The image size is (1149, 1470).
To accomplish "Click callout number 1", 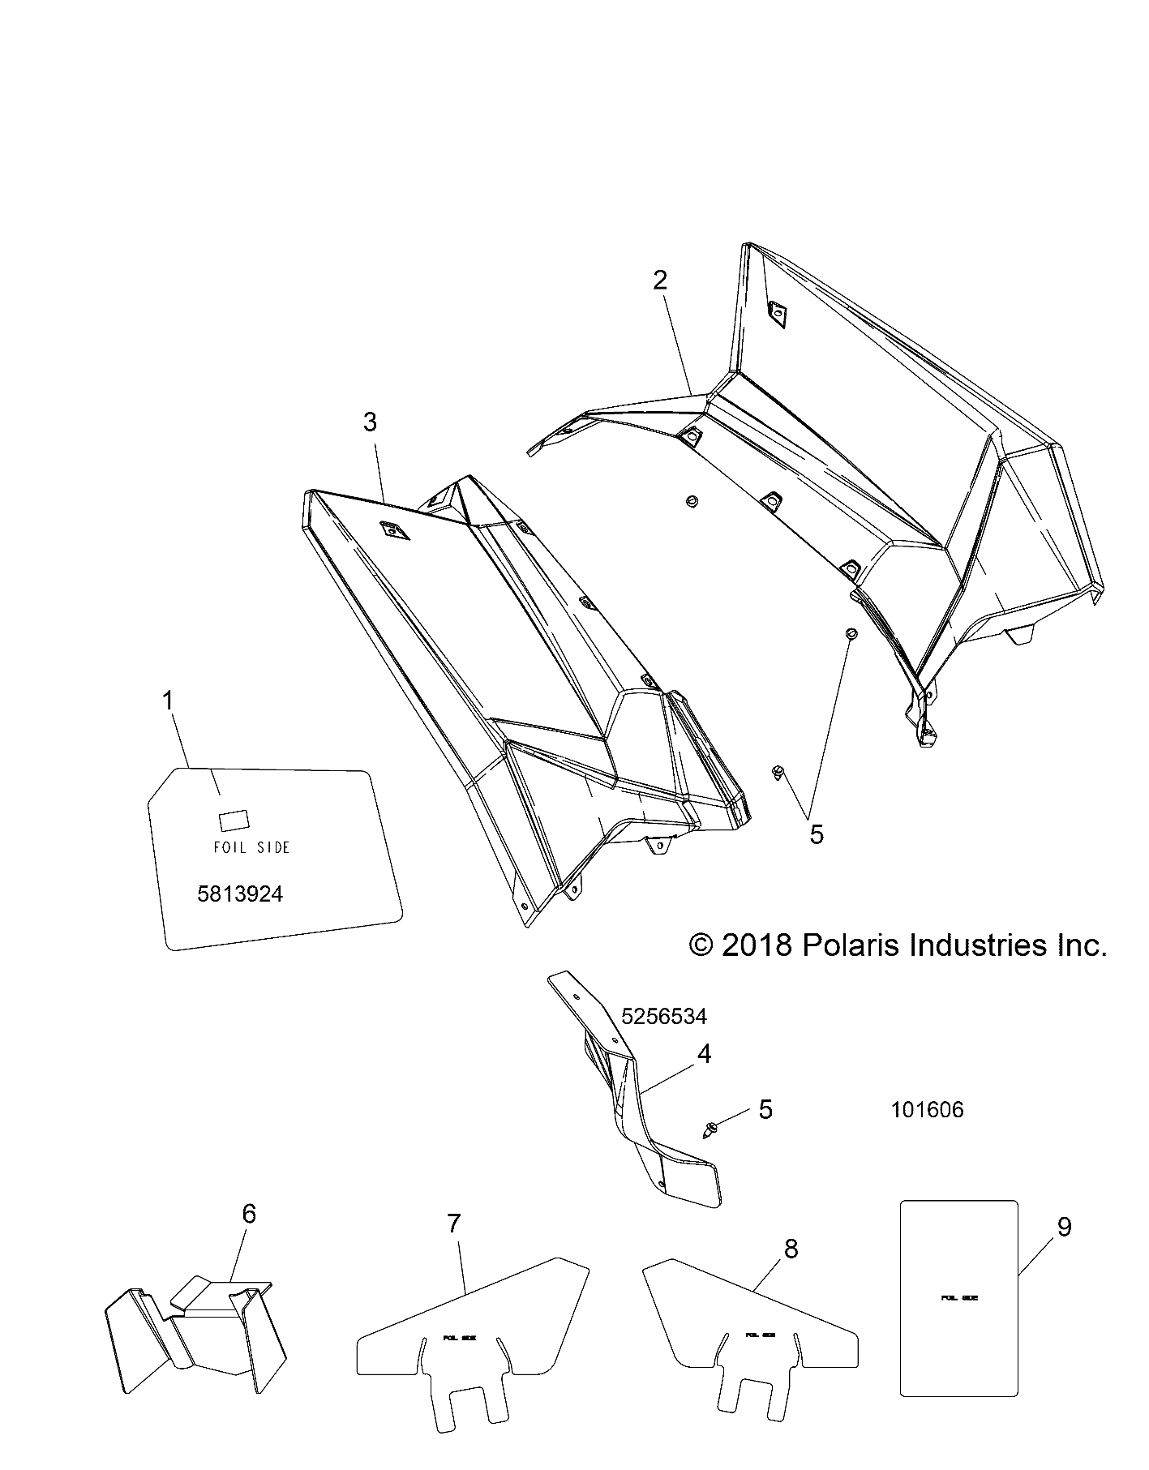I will (169, 701).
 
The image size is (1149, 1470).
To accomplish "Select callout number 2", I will (660, 281).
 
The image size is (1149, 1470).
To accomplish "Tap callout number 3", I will (370, 422).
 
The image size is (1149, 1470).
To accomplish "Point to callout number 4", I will (704, 1054).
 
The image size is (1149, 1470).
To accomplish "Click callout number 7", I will (453, 1246).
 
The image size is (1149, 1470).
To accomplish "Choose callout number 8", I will (791, 1249).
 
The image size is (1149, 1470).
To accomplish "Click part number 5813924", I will (240, 894).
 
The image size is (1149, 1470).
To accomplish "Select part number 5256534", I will (664, 1017).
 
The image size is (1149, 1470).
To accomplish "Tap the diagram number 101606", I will (927, 1109).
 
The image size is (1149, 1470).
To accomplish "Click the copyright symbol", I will (700, 945).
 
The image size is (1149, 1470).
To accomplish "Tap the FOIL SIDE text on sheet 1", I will (251, 847).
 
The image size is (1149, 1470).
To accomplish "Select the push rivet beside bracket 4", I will (713, 1128).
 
